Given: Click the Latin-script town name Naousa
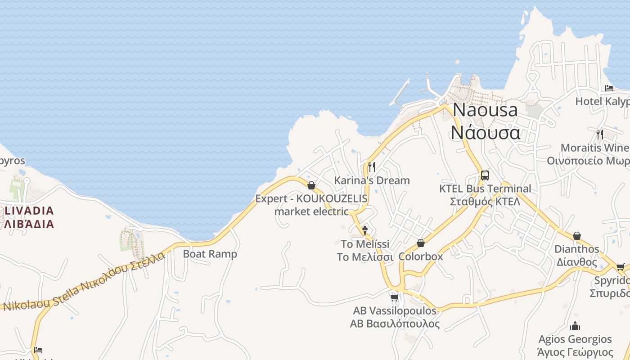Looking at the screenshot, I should [485, 110].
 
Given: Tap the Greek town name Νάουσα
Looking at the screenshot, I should [485, 133].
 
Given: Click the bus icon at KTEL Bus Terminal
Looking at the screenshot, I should [485, 175].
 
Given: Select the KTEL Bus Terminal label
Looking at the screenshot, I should [485, 189].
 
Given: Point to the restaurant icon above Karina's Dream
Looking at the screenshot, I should [371, 167].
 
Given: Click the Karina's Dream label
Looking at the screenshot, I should [372, 180].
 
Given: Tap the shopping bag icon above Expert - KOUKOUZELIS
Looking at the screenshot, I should [311, 185].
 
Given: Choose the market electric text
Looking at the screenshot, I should [311, 211].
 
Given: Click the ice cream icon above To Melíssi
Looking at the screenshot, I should [365, 231].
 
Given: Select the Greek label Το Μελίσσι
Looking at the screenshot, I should [365, 257].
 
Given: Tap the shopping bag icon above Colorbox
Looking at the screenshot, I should [421, 243].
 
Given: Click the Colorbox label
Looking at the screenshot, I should [421, 256].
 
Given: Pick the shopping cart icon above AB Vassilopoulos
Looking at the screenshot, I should [395, 297].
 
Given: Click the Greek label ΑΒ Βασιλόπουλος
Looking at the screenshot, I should [395, 324].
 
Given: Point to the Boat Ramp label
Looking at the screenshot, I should [210, 254].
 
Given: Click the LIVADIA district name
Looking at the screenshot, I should [29, 211].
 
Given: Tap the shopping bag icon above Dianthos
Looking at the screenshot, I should [576, 236].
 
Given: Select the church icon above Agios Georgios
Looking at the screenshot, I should [575, 326].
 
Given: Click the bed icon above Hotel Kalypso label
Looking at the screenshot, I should [609, 88].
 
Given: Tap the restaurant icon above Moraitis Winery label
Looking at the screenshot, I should [599, 134].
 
